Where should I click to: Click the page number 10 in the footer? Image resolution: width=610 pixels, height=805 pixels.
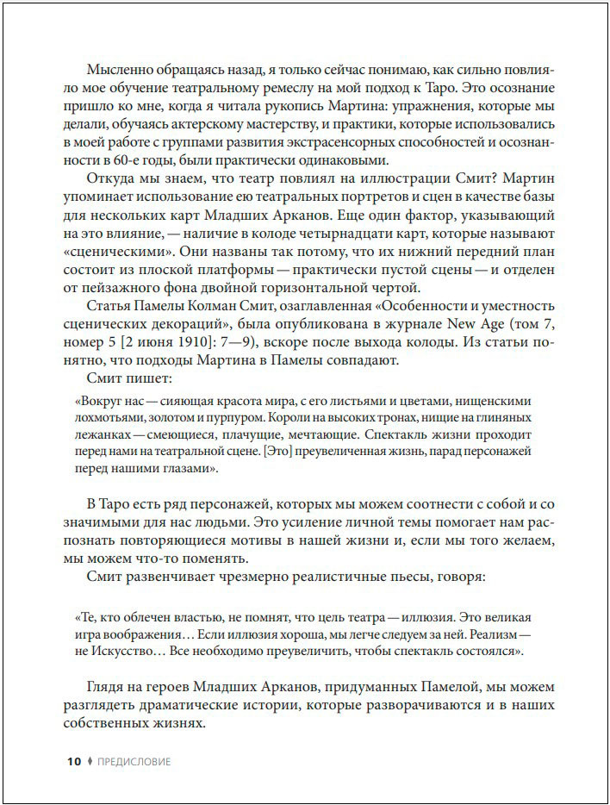point(73,761)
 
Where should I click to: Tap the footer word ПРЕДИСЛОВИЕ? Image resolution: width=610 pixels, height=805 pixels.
point(134,761)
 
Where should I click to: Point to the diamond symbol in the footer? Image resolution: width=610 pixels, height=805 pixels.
point(90,761)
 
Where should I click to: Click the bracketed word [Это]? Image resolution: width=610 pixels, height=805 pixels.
point(277,452)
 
